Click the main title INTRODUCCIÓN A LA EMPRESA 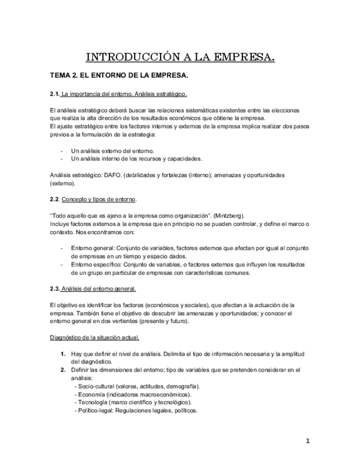point(181,57)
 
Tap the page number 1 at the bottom point(308,440)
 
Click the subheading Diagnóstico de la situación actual point(95,337)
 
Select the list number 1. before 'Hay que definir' point(64,354)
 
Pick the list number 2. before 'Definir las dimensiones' point(64,370)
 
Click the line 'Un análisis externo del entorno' point(113,151)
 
